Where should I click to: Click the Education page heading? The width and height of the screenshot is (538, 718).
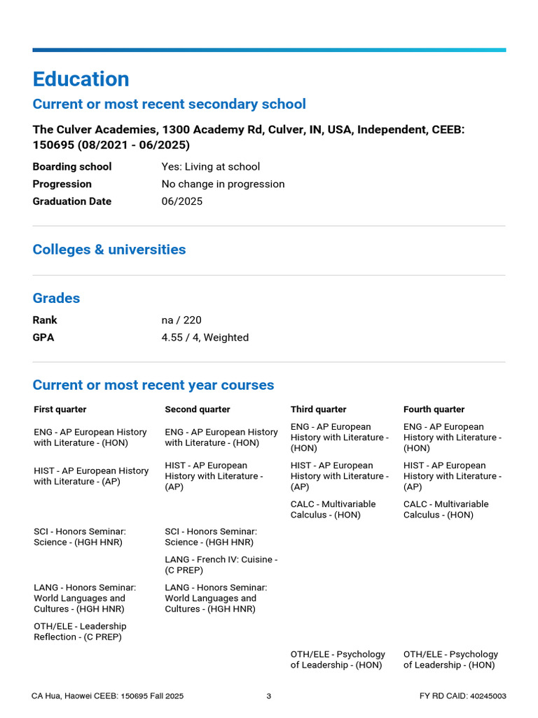(81, 79)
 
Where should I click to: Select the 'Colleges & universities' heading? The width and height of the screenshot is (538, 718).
(109, 250)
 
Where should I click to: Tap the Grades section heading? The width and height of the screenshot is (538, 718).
(56, 298)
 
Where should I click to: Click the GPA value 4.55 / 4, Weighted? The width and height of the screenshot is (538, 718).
(205, 337)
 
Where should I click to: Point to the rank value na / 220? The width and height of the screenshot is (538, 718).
(181, 320)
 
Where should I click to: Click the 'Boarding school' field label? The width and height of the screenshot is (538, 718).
(72, 166)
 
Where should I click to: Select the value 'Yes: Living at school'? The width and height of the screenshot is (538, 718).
(210, 166)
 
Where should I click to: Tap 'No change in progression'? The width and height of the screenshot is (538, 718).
(223, 184)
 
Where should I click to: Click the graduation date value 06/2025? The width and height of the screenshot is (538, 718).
(181, 201)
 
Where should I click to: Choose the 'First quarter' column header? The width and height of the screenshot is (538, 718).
(60, 409)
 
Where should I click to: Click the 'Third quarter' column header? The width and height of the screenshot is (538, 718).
(318, 409)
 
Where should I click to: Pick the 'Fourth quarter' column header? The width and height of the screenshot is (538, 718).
(434, 409)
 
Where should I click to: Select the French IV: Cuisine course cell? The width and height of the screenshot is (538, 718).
(221, 564)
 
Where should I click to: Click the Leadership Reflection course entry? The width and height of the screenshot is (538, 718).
(80, 631)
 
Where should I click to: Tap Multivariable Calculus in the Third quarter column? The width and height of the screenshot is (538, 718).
(333, 509)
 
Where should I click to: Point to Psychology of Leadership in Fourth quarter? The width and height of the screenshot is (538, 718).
(450, 659)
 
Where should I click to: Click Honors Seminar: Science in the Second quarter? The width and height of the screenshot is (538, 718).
(211, 537)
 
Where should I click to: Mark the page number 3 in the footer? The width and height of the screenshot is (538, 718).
(269, 696)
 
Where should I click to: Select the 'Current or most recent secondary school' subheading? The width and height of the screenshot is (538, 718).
(169, 104)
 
